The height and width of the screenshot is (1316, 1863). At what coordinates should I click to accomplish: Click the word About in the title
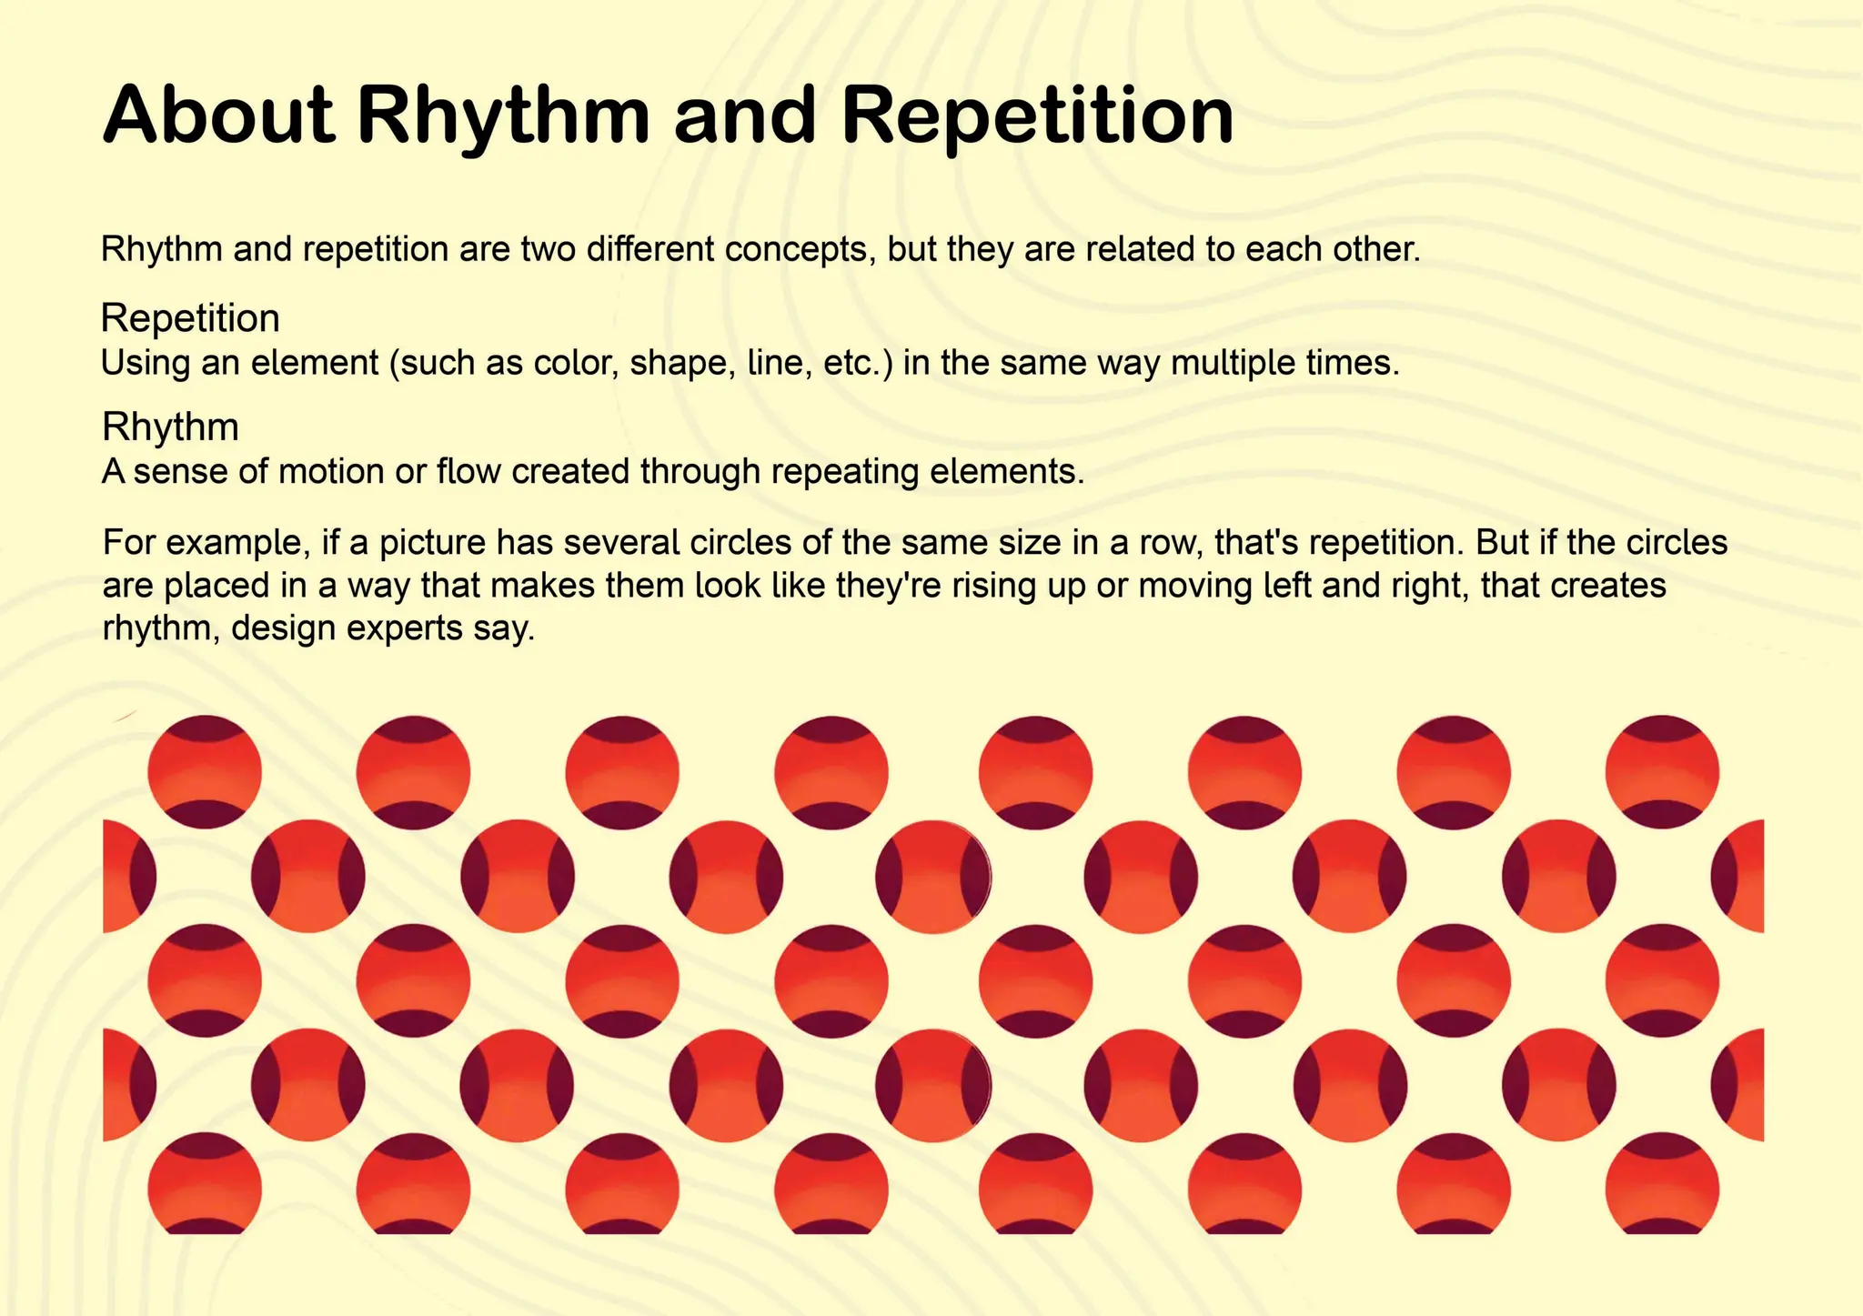pyautogui.click(x=218, y=116)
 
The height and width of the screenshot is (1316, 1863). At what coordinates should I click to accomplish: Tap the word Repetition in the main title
pyautogui.click(x=1037, y=116)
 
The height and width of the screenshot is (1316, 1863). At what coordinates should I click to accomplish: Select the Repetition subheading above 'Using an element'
pyautogui.click(x=190, y=318)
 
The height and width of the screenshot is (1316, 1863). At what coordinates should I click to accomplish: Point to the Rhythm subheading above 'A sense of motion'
pyautogui.click(x=170, y=427)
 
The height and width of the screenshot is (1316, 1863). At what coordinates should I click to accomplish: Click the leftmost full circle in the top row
pyautogui.click(x=205, y=772)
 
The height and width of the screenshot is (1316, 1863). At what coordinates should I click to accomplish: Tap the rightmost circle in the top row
pyautogui.click(x=1662, y=772)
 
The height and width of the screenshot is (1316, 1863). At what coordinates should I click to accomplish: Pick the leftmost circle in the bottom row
pyautogui.click(x=205, y=1185)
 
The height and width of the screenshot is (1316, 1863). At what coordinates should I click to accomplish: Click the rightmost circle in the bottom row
pyautogui.click(x=1662, y=1185)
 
